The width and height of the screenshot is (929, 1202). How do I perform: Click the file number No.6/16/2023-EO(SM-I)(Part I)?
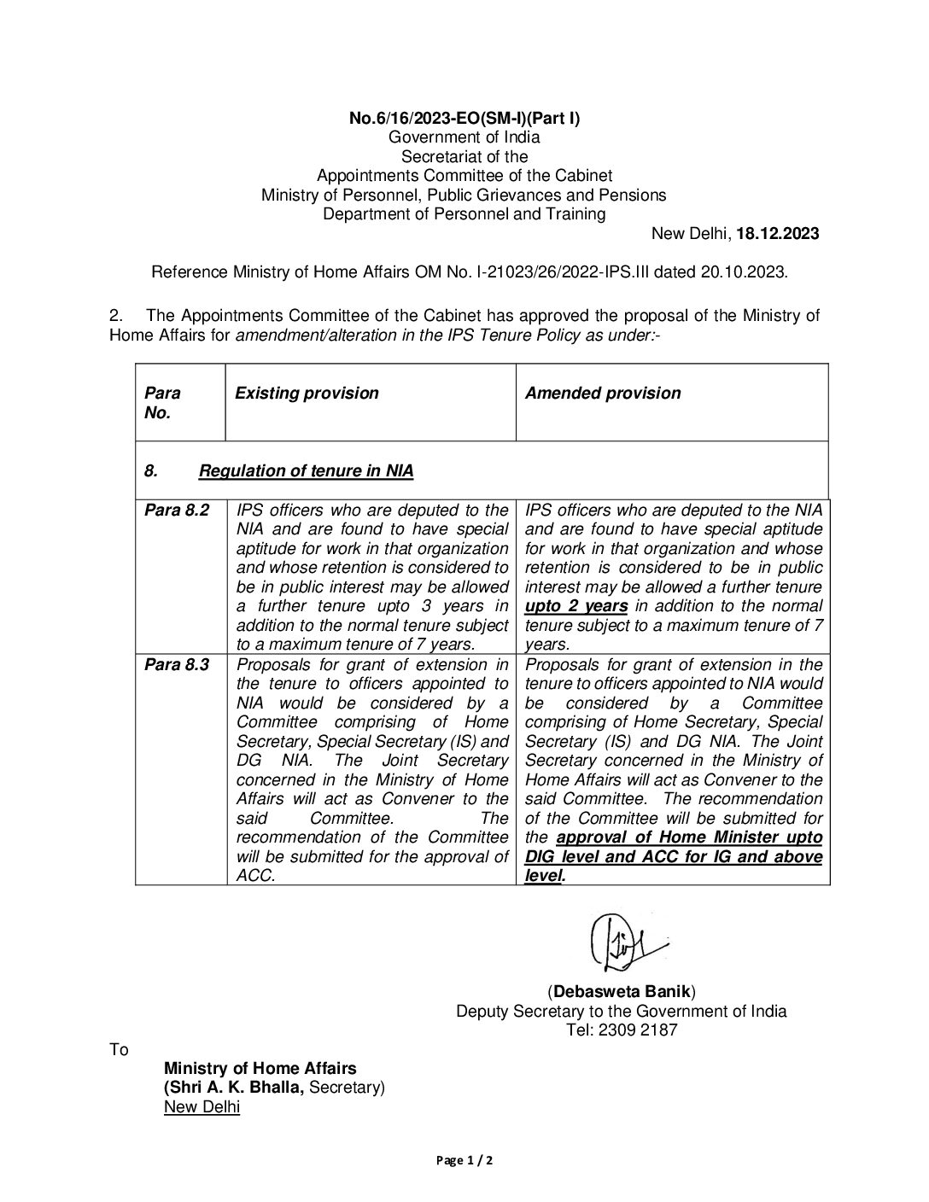(x=464, y=119)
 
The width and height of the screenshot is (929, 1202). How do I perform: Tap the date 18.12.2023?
(x=778, y=234)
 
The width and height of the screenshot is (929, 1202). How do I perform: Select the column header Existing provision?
(x=307, y=394)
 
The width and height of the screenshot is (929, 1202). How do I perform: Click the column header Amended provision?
(x=603, y=394)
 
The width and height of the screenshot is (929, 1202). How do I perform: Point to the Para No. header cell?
(x=162, y=403)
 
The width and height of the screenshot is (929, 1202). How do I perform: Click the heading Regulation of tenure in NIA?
(x=306, y=470)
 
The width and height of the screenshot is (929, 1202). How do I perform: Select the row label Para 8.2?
(x=176, y=511)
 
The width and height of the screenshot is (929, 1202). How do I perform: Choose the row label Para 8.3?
(x=176, y=664)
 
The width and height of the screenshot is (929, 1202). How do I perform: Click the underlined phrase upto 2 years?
(x=576, y=606)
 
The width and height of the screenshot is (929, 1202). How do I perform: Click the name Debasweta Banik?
(x=622, y=992)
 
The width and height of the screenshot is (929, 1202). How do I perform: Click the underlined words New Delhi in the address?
(x=202, y=1107)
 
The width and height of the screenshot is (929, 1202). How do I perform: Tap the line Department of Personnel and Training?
(x=464, y=214)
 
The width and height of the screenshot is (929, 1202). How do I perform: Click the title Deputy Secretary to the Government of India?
(x=622, y=1012)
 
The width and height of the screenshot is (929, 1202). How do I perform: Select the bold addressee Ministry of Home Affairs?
(x=260, y=1069)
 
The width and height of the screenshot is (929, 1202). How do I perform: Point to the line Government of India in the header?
(x=464, y=137)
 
